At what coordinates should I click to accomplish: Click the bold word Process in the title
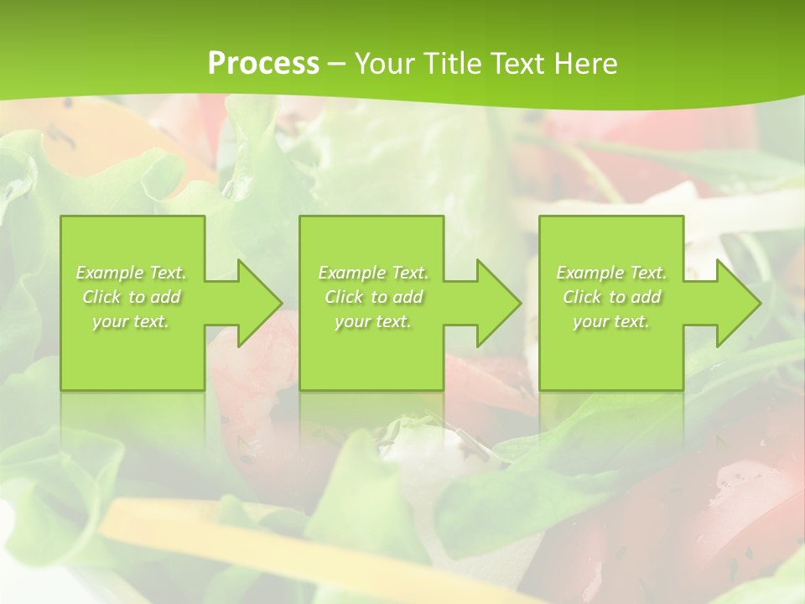click(x=263, y=64)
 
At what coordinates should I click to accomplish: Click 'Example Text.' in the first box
click(x=132, y=273)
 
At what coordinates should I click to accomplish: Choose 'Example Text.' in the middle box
click(x=373, y=273)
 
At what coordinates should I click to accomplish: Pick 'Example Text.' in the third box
click(x=611, y=273)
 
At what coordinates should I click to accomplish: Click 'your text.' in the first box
click(x=132, y=321)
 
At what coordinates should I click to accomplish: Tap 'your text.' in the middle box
click(x=373, y=321)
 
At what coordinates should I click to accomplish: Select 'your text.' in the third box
click(x=611, y=321)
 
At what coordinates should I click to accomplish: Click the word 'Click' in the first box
click(x=101, y=297)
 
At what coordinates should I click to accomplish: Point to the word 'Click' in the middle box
click(x=344, y=297)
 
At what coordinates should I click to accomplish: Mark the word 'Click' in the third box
click(x=582, y=297)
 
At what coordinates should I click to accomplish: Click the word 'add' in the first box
click(x=165, y=297)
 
